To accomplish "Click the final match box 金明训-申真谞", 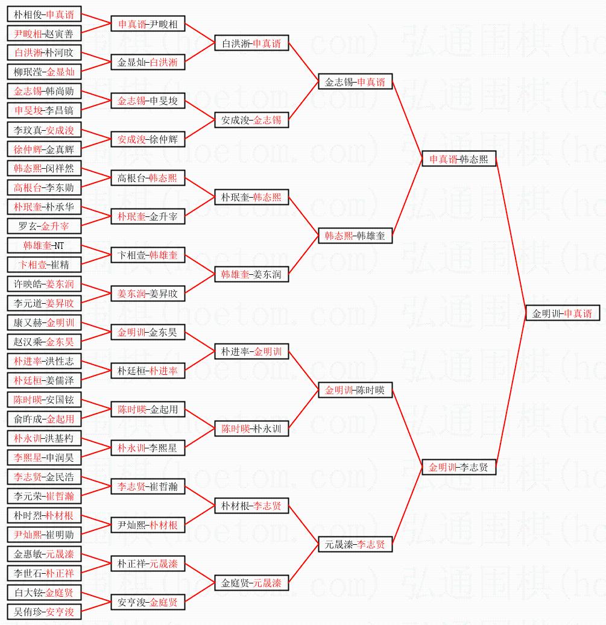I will pos(563,313).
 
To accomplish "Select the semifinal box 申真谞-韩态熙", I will pos(459,159).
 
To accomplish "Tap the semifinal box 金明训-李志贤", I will pos(459,467).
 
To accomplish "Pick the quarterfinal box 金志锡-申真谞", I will pos(355,82).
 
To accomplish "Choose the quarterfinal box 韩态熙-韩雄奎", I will pos(355,236).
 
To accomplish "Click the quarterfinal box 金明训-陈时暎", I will pos(355,390).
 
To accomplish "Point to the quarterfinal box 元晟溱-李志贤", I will pos(355,544).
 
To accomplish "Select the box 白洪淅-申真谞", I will pos(251,43).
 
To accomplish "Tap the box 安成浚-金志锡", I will pos(251,120).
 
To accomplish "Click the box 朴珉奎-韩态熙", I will pos(251,197).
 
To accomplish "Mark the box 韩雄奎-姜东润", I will pos(251,274).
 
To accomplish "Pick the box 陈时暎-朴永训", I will pos(251,429).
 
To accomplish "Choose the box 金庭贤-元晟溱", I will pos(251,583).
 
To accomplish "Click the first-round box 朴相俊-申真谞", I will pos(44,14).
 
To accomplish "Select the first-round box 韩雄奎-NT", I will pos(44,245).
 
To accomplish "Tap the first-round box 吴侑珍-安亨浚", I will pos(44,612).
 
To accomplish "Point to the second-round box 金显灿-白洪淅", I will pos(148,63).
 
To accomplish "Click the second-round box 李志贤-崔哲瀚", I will pos(148,486).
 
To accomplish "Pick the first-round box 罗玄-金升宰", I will pos(44,226).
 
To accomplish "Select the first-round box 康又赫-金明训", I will pos(44,322).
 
